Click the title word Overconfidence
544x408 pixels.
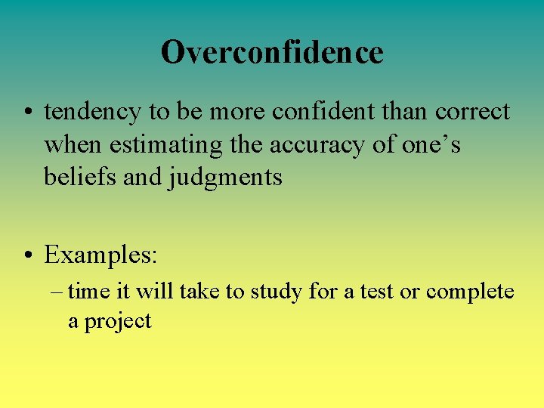tap(272, 52)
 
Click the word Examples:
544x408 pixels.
tap(100, 255)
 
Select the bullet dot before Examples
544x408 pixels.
tap(27, 255)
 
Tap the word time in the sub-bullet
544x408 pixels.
tap(85, 291)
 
